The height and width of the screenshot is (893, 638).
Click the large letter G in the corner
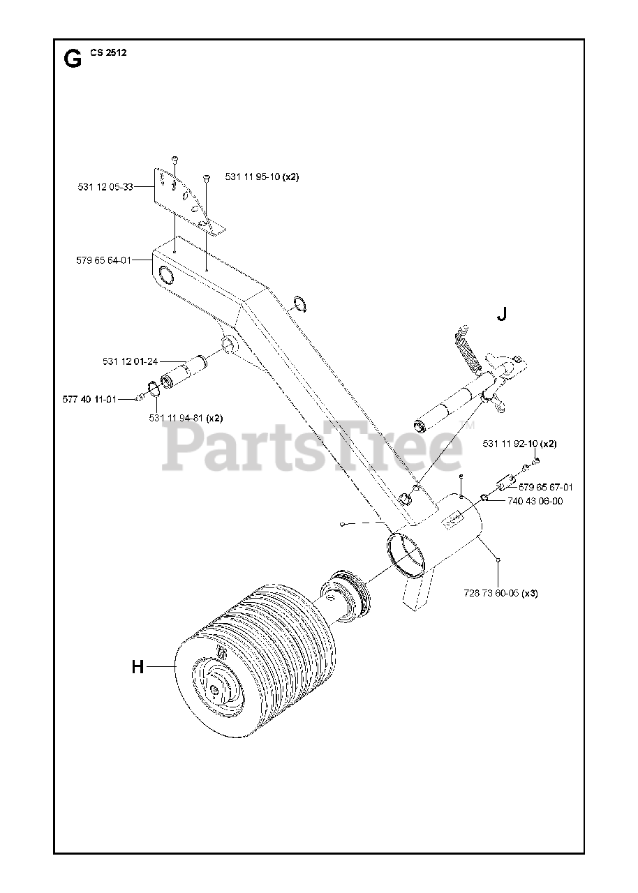pyautogui.click(x=72, y=59)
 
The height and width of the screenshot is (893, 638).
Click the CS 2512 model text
pyautogui.click(x=103, y=52)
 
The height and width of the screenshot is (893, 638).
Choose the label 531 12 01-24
pyautogui.click(x=130, y=361)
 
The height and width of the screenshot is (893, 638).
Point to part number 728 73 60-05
pyautogui.click(x=500, y=594)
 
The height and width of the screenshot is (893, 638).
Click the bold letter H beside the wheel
pyautogui.click(x=138, y=668)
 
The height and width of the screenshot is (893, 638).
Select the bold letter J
pyautogui.click(x=501, y=315)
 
